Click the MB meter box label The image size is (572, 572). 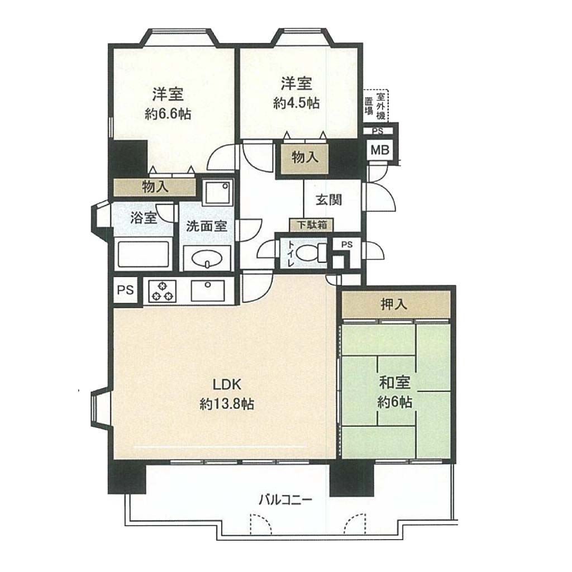click(x=380, y=150)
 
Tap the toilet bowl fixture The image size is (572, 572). click(x=311, y=252)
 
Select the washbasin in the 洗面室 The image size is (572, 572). click(x=207, y=259)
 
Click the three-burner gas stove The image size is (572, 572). click(x=162, y=290)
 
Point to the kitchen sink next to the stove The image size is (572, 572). click(x=208, y=290)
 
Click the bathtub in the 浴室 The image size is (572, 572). click(x=142, y=254)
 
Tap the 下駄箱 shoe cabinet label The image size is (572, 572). click(x=311, y=225)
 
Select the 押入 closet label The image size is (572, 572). click(x=394, y=304)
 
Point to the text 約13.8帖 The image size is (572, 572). click(x=227, y=404)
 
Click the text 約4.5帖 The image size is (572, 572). click(x=297, y=103)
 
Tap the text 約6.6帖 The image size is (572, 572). click(x=168, y=114)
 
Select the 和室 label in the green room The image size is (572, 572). click(x=395, y=383)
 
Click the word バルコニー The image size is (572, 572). click(x=285, y=499)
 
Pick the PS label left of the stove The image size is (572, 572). click(x=125, y=290)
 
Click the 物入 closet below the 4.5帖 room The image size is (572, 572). click(x=305, y=157)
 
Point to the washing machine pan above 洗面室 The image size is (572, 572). click(x=217, y=192)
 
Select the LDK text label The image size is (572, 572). click(x=227, y=384)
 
